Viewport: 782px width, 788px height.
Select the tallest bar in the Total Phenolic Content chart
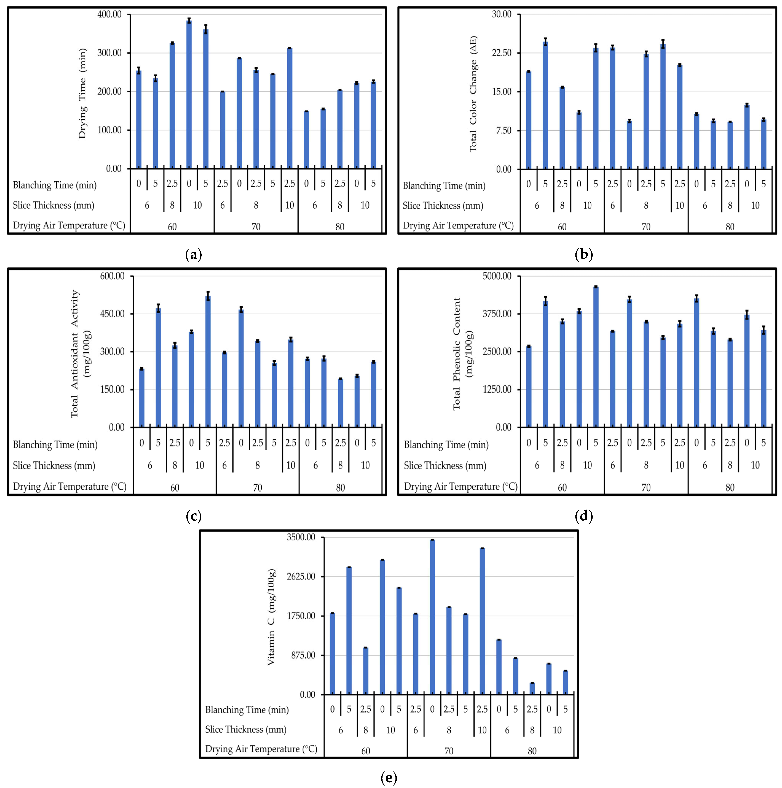coord(596,357)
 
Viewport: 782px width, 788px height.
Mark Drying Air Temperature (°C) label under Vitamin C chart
coord(261,749)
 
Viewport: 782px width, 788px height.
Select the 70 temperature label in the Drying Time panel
coord(256,227)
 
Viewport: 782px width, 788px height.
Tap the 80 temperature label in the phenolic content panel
coord(730,487)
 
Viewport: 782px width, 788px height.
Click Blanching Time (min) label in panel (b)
coord(444,186)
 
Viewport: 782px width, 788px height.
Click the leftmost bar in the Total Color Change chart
coord(529,120)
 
